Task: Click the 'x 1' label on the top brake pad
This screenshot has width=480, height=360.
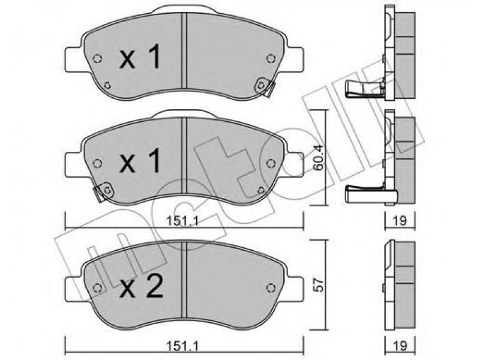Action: point(140,57)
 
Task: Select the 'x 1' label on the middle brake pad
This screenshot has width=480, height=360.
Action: point(140,160)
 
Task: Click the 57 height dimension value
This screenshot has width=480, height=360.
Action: point(319,284)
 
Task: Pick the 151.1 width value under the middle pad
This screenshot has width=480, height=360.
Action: point(183,221)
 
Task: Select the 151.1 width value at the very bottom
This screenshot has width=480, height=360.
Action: point(183,347)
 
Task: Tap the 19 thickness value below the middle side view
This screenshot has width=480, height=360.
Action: point(400,220)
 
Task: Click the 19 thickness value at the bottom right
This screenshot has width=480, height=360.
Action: point(400,347)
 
